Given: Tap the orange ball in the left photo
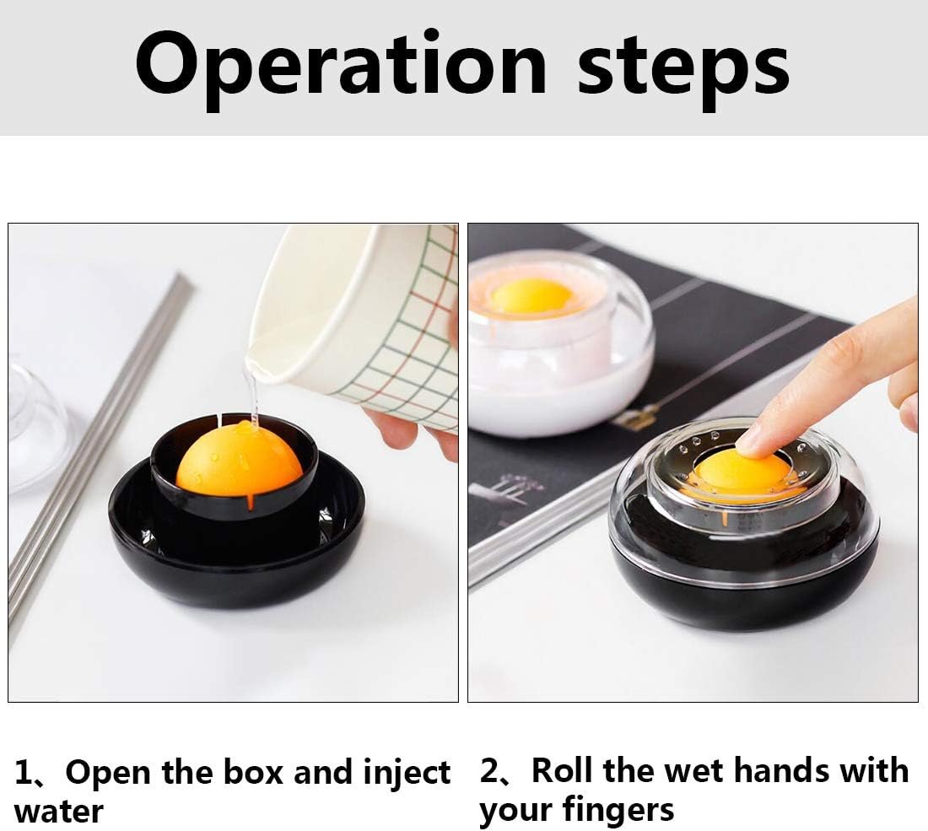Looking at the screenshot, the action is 239,459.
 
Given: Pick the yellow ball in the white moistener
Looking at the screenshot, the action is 531,297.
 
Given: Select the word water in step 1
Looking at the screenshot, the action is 58,812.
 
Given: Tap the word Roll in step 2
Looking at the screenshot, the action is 561,770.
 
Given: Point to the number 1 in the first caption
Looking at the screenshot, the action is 24,773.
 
